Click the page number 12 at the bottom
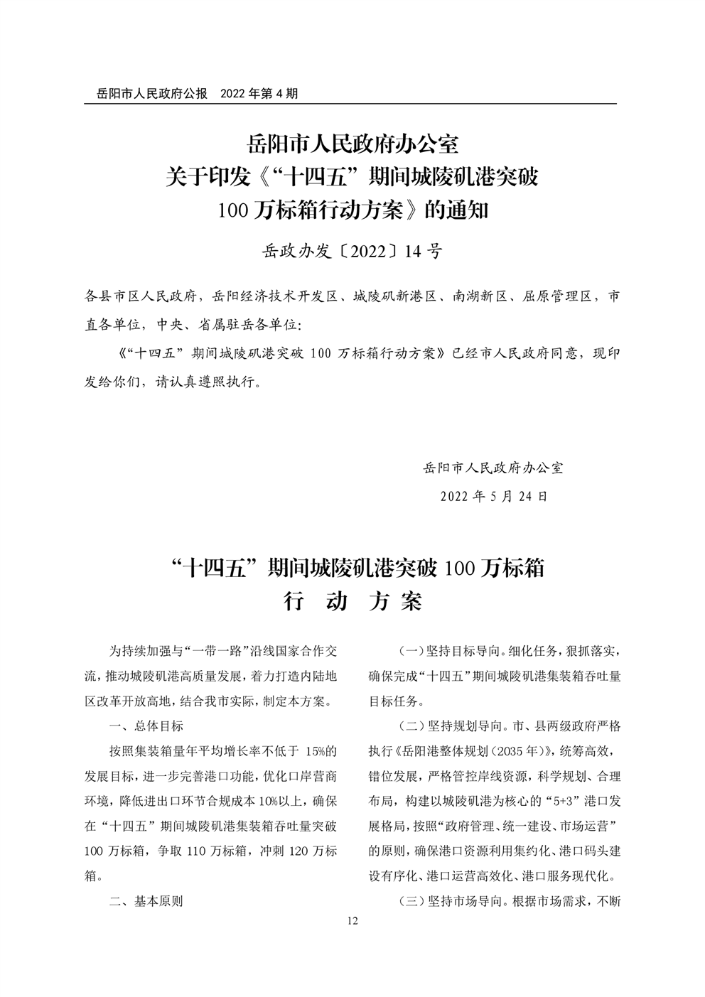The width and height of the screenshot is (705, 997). (352, 921)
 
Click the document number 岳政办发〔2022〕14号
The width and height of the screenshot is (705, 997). (352, 251)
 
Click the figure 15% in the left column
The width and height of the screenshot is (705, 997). (315, 751)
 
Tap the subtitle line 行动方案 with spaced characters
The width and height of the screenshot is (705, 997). (352, 601)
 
